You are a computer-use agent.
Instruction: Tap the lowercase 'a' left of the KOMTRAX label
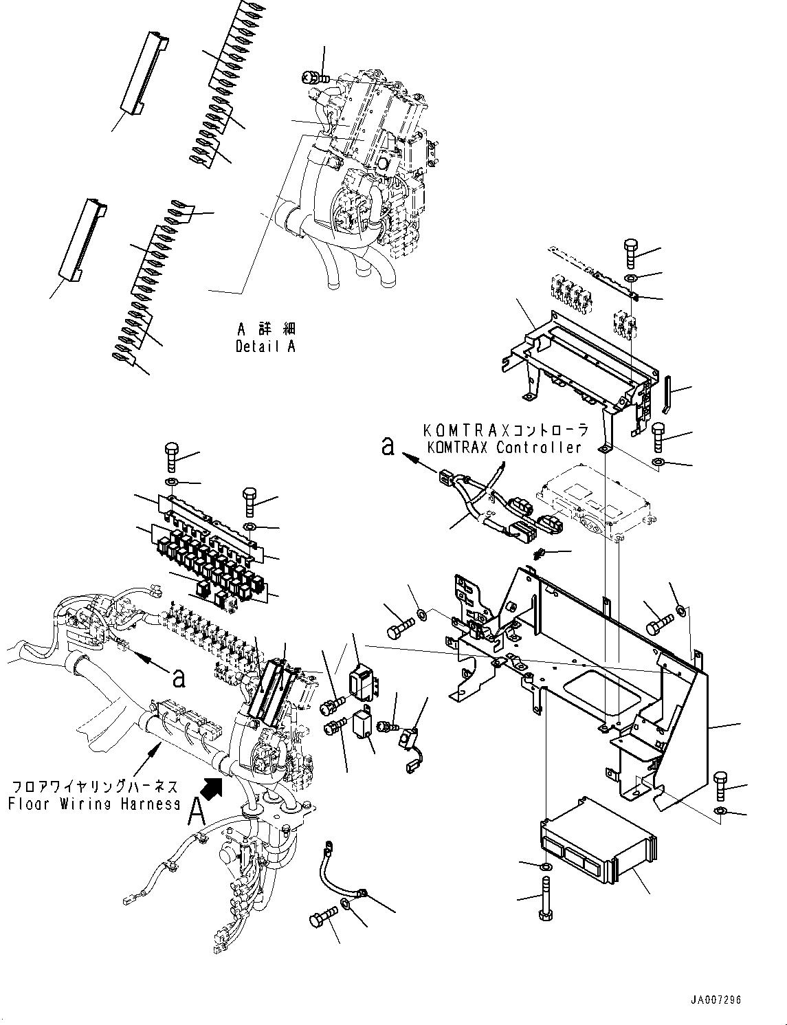coord(388,447)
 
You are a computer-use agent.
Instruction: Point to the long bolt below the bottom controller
coord(546,897)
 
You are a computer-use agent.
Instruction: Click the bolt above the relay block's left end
coord(172,456)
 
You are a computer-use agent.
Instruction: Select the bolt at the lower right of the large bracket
coord(720,786)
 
